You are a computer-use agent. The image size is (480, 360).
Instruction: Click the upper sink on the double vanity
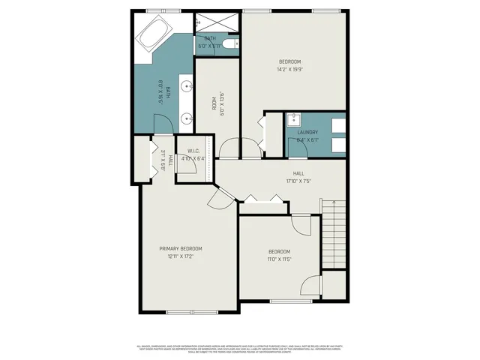point(184,84)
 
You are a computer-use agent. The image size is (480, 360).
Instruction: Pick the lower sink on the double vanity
point(184,118)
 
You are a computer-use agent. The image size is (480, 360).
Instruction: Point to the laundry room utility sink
point(294,119)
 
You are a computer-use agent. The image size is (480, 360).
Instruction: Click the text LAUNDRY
point(307,133)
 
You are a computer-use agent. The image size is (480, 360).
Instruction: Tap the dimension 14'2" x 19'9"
point(289,70)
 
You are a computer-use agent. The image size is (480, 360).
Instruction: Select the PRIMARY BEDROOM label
point(181,248)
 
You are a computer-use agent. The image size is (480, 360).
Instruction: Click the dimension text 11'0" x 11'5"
point(279,259)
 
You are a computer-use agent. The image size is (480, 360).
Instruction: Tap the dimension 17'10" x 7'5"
point(298,181)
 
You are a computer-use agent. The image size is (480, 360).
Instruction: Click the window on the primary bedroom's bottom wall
point(187,312)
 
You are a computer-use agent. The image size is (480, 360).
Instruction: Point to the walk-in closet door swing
point(189,168)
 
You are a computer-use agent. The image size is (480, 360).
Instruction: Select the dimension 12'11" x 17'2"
point(181,256)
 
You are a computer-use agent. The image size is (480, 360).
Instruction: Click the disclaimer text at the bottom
point(240,349)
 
